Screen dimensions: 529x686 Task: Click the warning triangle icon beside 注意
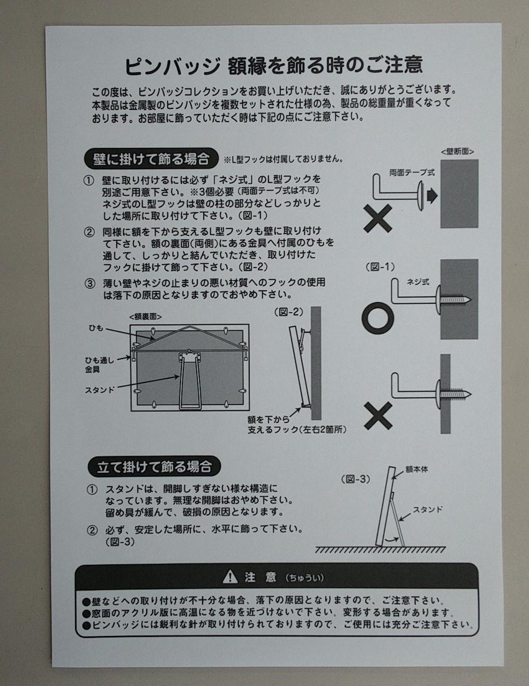click(x=230, y=577)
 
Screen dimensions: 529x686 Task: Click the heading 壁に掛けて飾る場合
click(x=152, y=159)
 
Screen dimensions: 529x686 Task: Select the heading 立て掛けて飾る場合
click(x=154, y=467)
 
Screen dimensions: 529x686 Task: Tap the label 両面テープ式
click(x=412, y=173)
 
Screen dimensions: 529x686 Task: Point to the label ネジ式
click(x=418, y=282)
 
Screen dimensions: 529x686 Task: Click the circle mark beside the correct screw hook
click(x=377, y=318)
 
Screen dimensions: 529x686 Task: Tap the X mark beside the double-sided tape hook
click(x=378, y=219)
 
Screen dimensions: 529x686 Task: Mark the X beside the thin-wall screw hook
click(x=378, y=416)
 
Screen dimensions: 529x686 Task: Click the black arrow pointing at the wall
click(x=432, y=196)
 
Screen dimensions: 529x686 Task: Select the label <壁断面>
click(x=457, y=152)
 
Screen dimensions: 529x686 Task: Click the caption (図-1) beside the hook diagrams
click(x=381, y=267)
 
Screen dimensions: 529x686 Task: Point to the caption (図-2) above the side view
click(x=289, y=312)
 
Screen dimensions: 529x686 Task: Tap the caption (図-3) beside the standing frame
click(x=355, y=479)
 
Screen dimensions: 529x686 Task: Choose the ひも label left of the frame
click(x=96, y=328)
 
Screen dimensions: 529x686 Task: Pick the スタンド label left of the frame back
click(x=100, y=390)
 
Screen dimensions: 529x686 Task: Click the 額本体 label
click(x=416, y=469)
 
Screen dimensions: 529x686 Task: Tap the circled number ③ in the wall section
click(x=90, y=284)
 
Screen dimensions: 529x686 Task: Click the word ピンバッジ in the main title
click(x=172, y=66)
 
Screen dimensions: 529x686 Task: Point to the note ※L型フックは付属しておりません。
click(x=284, y=159)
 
